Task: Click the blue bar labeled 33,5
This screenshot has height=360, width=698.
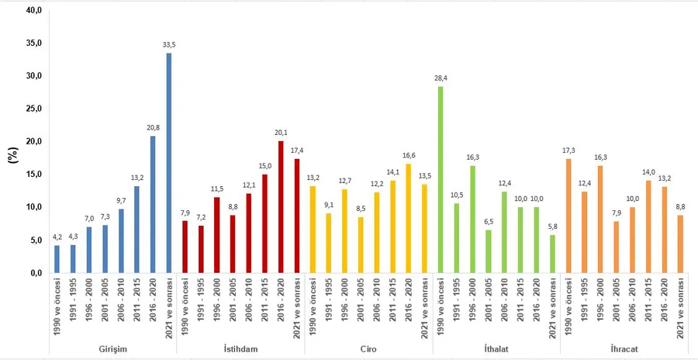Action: coord(169,163)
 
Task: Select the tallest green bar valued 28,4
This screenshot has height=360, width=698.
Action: coord(441,179)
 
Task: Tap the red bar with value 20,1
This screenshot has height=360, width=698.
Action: coord(280,206)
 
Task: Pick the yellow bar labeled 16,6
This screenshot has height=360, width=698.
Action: coord(408,218)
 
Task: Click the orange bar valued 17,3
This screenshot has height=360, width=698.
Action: coord(569,216)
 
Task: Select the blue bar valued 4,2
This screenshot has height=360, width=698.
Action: coord(57,259)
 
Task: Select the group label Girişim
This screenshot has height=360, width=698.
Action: coord(112,349)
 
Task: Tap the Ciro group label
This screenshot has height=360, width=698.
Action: coord(368,349)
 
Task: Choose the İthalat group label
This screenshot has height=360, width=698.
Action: coord(496,349)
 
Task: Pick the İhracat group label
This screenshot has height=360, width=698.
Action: coord(624,349)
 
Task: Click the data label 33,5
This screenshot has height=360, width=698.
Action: coord(169,45)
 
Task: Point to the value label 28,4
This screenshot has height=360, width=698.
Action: coord(441,78)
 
